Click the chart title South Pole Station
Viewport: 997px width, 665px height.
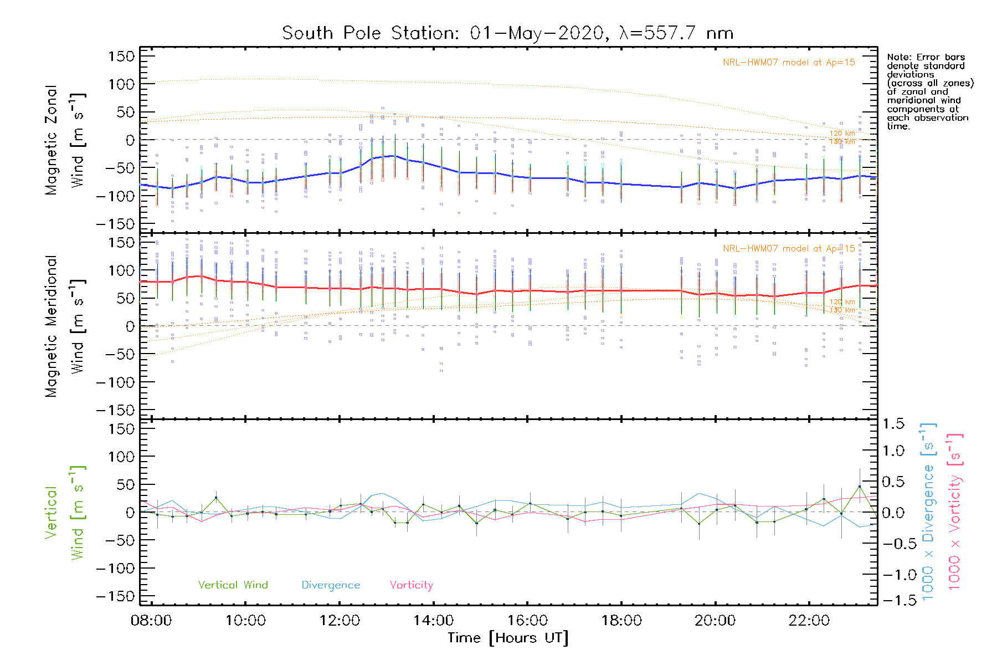pos(507,33)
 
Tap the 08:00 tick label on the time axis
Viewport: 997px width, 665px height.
pos(151,620)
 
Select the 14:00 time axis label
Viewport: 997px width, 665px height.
pos(433,620)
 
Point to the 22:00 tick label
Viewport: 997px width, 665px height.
pos(809,620)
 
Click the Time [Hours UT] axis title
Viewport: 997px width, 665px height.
pos(508,638)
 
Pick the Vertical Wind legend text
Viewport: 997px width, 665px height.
pos(233,585)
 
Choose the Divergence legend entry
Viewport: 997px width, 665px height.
pos(331,585)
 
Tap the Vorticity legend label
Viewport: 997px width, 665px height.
pos(411,585)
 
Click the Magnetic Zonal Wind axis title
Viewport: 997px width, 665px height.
pos(65,140)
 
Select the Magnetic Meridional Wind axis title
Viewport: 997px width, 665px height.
pos(65,326)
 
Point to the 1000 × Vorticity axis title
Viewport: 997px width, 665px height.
pos(955,511)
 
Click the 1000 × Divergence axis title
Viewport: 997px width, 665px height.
pos(928,511)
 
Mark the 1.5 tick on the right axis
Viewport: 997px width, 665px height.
pos(893,424)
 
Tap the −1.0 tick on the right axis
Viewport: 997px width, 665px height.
pos(892,575)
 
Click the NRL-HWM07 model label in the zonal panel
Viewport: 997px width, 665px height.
pos(789,63)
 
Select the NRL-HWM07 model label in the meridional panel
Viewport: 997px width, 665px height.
pos(789,249)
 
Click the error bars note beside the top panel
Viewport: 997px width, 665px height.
pos(930,91)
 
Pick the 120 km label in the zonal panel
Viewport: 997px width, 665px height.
pos(842,134)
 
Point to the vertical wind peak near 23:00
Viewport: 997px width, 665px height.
pos(860,487)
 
